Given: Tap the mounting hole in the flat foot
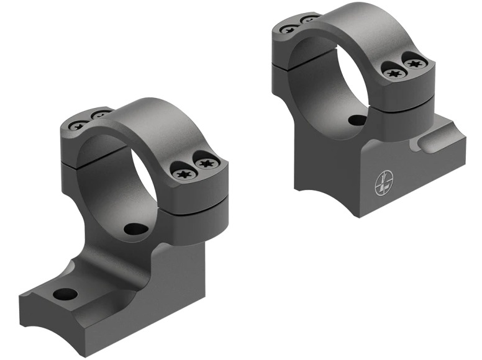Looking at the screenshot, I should tap(65, 294).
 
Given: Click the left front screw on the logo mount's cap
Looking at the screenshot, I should tap(393, 73).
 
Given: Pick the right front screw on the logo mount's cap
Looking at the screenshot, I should tap(413, 62).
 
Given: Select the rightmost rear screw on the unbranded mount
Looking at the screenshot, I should tap(99, 115).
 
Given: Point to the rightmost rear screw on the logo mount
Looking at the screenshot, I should tap(309, 19).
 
